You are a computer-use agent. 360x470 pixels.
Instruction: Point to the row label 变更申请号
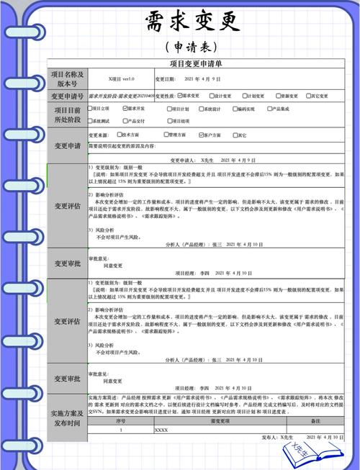pos(67,96)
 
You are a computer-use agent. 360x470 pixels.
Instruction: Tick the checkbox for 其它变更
pos(307,95)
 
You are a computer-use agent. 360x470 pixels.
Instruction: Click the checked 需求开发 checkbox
pos(126,109)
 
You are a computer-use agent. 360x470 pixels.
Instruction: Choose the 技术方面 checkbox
pos(120,134)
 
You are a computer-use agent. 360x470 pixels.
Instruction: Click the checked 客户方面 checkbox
pos(204,134)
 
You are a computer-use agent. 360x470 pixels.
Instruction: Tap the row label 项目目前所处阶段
pos(67,114)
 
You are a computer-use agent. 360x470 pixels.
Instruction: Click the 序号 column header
pos(120,421)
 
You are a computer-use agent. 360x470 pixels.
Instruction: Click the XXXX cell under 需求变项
pos(162,430)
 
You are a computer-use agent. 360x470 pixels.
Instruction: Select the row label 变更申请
pos(67,146)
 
